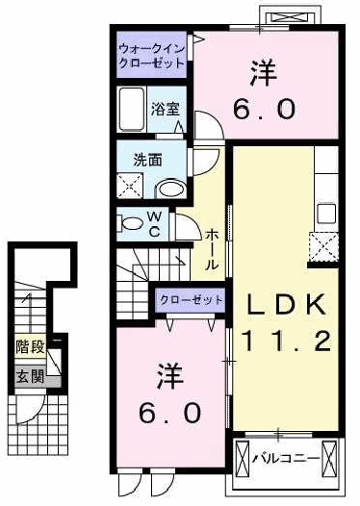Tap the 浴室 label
[163, 110]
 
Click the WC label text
[153, 224]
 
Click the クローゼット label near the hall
[192, 300]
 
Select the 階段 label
[29, 344]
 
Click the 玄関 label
[29, 375]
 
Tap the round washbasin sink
[170, 189]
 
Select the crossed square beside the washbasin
[129, 186]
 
